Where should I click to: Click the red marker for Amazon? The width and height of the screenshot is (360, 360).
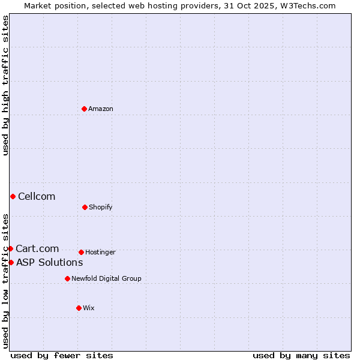(85, 109)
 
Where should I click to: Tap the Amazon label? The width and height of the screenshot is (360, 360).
(101, 109)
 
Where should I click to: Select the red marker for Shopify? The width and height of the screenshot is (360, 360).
(85, 207)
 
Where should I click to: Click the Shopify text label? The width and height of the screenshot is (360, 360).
(101, 207)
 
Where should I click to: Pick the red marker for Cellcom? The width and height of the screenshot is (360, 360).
(13, 196)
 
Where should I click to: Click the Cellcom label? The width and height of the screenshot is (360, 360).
(37, 196)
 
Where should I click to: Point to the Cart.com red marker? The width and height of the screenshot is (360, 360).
(10, 248)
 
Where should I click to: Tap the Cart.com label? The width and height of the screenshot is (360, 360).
(37, 248)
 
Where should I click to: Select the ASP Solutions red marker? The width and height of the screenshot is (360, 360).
(11, 262)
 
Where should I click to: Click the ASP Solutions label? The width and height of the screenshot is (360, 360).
(49, 262)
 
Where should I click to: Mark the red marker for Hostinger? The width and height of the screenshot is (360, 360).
(81, 252)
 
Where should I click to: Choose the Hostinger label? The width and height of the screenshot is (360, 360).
(100, 252)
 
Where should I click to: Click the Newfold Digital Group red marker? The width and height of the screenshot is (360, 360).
(67, 278)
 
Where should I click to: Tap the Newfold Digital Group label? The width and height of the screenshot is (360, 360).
(106, 278)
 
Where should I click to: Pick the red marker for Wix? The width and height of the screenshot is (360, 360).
(79, 308)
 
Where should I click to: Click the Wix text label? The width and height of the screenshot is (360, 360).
(89, 308)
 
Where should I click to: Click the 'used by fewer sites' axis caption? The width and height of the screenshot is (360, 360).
(62, 355)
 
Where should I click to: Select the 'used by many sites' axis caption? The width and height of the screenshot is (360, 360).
(301, 355)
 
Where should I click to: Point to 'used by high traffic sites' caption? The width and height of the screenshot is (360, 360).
(5, 85)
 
